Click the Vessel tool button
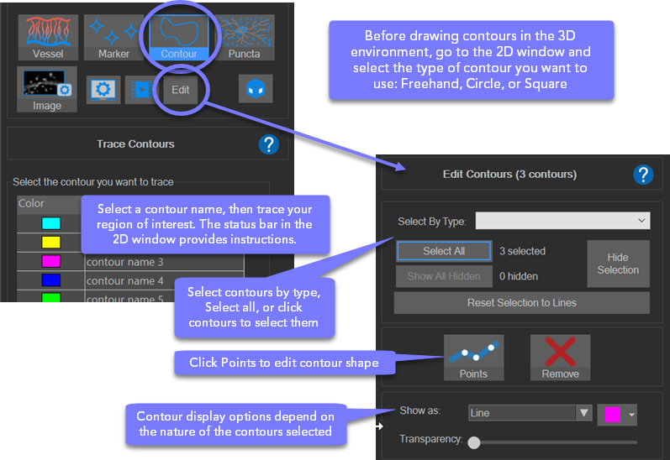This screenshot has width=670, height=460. (48, 38)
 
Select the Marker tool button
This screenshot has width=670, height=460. (113, 38)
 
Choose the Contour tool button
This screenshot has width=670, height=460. (178, 38)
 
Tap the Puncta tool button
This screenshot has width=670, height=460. (244, 38)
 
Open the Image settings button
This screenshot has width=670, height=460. (47, 89)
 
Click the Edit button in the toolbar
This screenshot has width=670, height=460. (180, 90)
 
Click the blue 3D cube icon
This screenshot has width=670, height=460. (256, 89)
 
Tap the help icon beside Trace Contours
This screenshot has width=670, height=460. (269, 144)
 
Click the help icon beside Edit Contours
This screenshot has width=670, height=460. (643, 175)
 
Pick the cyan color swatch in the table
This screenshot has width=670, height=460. (50, 223)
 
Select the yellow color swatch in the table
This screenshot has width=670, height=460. (50, 242)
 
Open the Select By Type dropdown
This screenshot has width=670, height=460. (562, 221)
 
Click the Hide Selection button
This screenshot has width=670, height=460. (618, 264)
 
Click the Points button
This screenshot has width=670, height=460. (473, 358)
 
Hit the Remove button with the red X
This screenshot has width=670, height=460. (560, 358)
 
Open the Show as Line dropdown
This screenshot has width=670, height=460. (530, 413)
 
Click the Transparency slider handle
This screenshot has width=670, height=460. (473, 442)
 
